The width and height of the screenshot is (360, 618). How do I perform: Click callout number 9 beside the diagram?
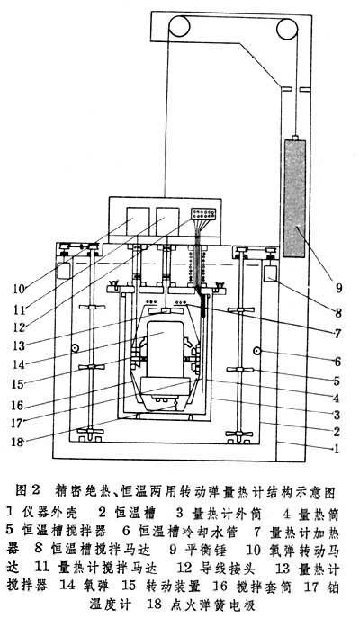(x=338, y=289)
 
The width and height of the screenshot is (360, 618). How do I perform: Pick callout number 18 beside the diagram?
(x=18, y=441)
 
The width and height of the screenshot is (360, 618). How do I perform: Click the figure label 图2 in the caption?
(x=25, y=491)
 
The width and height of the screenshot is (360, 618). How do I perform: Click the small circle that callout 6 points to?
(x=256, y=351)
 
